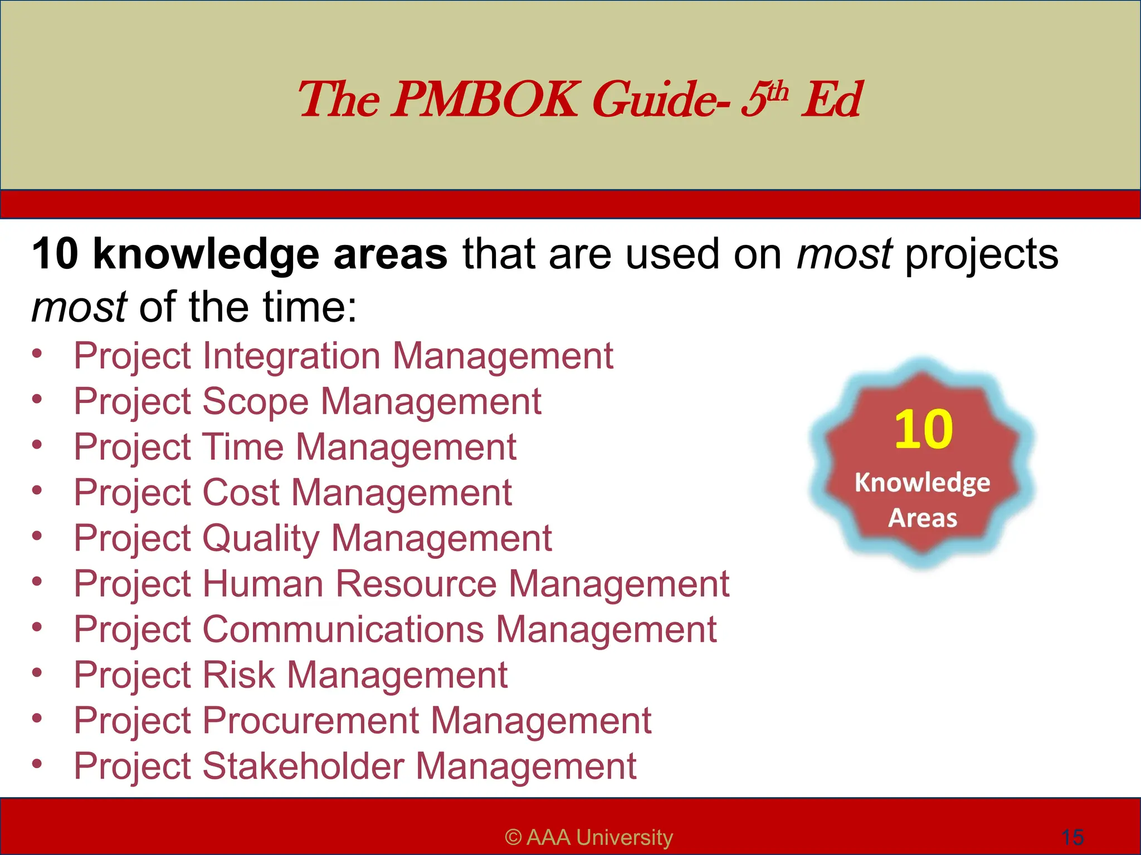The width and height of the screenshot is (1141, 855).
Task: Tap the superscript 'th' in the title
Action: point(778,91)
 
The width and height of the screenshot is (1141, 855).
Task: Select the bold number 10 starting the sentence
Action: point(55,254)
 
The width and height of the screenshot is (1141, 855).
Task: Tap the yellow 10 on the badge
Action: point(923,429)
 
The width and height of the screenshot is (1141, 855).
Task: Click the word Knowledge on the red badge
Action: point(922,483)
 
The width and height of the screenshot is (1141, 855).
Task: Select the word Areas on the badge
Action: point(922,518)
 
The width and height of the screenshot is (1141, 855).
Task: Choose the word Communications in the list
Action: point(343,630)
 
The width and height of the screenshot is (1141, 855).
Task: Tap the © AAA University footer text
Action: point(589,837)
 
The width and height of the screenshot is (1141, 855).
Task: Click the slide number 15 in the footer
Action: point(1072,837)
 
